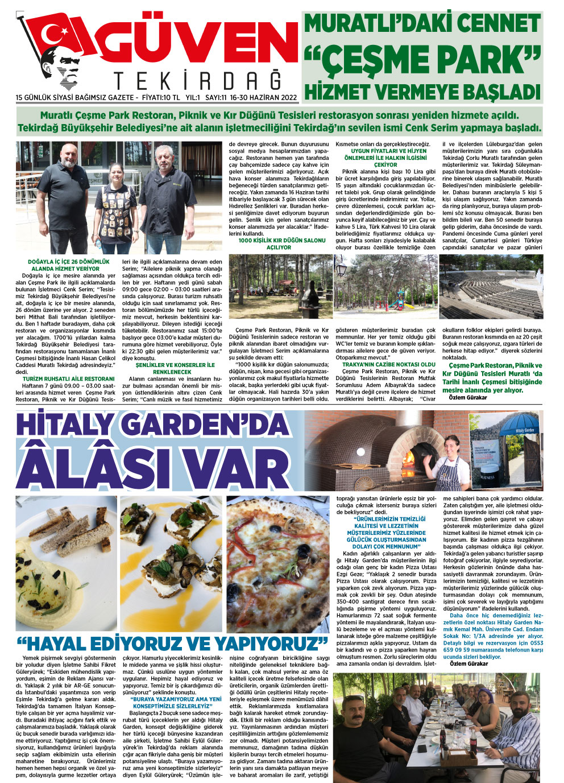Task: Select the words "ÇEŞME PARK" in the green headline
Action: click(422, 59)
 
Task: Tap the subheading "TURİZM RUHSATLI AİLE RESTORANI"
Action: click(69, 378)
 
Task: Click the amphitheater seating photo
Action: click(491, 286)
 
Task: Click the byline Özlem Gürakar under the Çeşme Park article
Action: click(467, 398)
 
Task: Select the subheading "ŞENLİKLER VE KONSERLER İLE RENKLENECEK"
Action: click(175, 368)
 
